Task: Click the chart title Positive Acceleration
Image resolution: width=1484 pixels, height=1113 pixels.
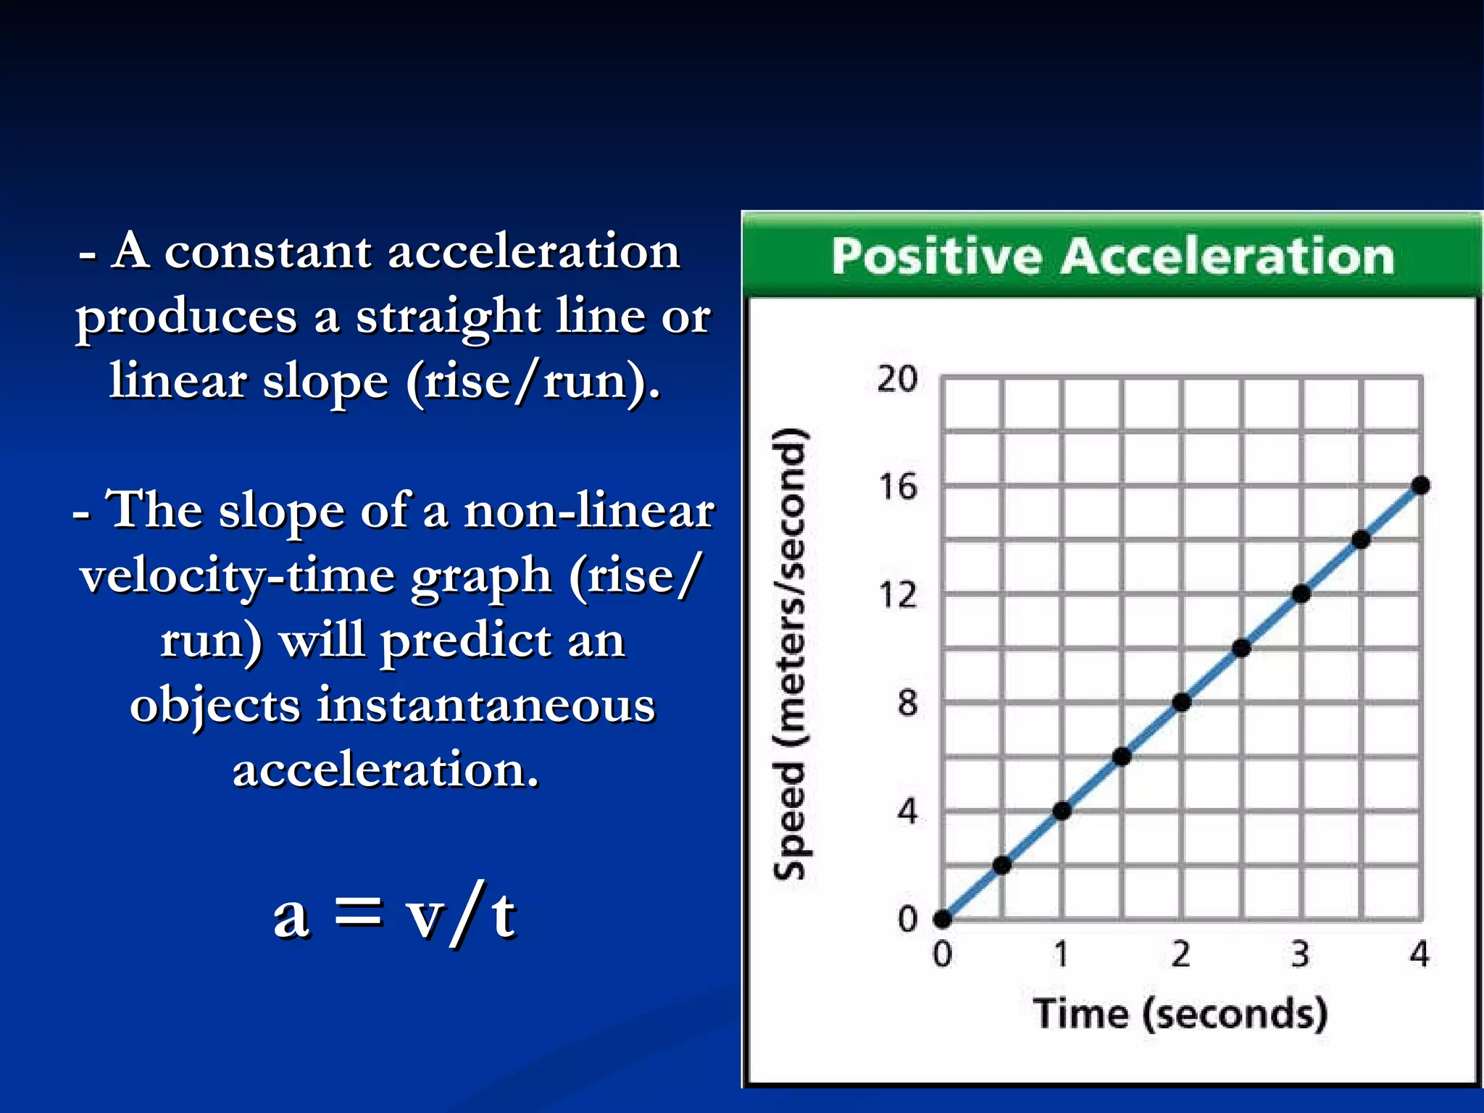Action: pos(1112,256)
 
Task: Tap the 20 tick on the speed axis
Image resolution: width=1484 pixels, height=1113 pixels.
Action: pos(897,379)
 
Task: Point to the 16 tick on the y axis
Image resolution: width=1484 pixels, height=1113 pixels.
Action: pos(897,487)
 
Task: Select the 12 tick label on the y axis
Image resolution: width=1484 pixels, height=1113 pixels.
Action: pos(897,596)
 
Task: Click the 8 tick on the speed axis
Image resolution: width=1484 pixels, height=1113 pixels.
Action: pos(906,703)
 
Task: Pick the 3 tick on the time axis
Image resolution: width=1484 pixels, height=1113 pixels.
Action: pos(1300,954)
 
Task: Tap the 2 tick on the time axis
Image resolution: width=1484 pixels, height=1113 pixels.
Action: pos(1180,954)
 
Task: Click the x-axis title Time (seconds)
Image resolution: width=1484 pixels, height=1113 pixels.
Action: pos(1180,1013)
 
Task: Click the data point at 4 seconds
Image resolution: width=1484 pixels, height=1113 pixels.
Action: pos(1420,485)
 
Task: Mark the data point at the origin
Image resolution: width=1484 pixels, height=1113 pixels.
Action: pos(942,919)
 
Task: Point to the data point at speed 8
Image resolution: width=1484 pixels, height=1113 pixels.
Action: pos(1181,702)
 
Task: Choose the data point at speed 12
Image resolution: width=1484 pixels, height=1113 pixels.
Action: pos(1301,594)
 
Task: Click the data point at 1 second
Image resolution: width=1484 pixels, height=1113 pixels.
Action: pos(1062,811)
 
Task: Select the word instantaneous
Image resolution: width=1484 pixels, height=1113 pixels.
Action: pos(485,705)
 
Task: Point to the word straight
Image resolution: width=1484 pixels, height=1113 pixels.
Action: pos(448,317)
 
